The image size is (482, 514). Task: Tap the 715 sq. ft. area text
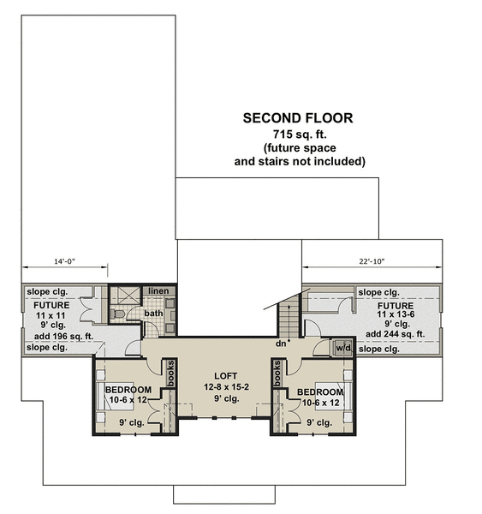point(300,135)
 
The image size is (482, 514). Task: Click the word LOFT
point(224,375)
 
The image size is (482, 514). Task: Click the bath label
point(153,314)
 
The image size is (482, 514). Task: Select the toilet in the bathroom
point(121,314)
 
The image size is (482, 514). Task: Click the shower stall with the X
point(126,295)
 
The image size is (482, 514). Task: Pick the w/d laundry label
point(342,348)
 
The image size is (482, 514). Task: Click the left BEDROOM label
point(128,390)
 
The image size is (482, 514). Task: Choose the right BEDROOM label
point(322,392)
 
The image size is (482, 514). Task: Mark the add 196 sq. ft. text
point(51,336)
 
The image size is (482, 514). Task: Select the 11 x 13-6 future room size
point(395,315)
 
